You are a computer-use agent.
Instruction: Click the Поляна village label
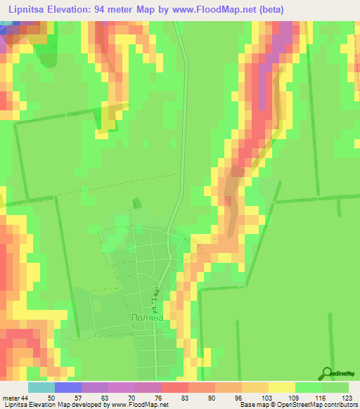coord(147,317)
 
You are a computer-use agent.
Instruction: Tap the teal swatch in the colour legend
coord(41,388)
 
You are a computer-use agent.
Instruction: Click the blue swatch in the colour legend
coord(68,388)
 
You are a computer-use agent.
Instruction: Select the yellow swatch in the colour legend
coord(282,388)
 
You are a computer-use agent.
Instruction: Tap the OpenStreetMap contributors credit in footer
coord(320,405)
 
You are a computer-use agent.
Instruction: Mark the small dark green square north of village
coord(137,203)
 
